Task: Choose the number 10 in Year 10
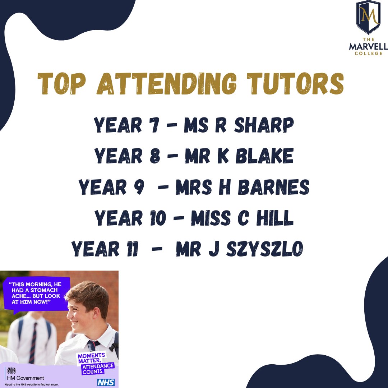click(x=157, y=218)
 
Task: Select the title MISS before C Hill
click(x=209, y=218)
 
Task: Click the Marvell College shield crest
click(x=368, y=17)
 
